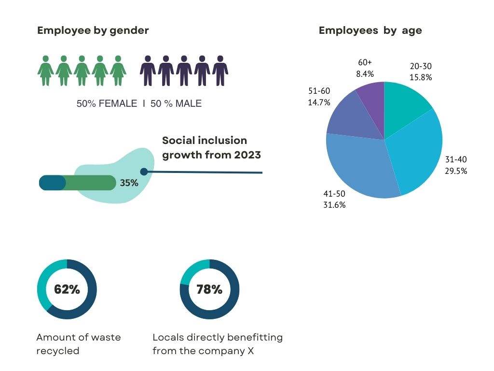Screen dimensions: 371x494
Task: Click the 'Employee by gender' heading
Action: tap(93, 30)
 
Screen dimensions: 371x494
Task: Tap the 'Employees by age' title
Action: tap(370, 30)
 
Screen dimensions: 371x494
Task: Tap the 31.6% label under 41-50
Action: tap(334, 204)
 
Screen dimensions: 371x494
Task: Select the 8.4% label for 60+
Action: tap(364, 74)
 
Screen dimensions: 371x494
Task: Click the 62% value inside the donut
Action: tap(67, 289)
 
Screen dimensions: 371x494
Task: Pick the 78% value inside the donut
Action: tap(209, 289)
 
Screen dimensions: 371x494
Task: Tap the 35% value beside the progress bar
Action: tap(129, 183)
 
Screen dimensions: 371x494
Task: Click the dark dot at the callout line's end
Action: tap(143, 171)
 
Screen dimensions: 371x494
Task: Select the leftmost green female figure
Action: tap(45, 71)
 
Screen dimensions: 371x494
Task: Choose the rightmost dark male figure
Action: tap(220, 71)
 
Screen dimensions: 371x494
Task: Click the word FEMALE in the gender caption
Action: tap(118, 103)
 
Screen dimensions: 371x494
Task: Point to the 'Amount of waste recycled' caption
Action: tap(78, 343)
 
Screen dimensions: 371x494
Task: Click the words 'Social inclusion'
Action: tap(205, 141)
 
